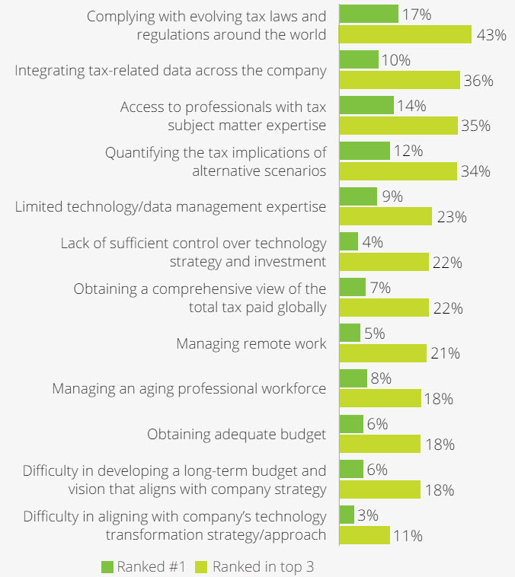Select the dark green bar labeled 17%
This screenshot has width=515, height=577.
click(x=369, y=14)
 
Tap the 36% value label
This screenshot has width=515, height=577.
click(x=478, y=81)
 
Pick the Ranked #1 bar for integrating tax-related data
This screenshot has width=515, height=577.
click(x=359, y=59)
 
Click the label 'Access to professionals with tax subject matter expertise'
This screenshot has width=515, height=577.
click(x=222, y=116)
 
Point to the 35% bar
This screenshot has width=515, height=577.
click(x=398, y=126)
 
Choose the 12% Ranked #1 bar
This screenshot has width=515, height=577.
click(x=364, y=151)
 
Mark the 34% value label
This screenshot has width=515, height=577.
click(x=475, y=171)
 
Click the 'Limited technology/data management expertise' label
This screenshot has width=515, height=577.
click(x=171, y=207)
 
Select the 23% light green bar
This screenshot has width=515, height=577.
click(x=385, y=217)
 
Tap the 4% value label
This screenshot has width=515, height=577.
click(x=373, y=242)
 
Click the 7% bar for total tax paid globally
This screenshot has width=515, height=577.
click(x=353, y=288)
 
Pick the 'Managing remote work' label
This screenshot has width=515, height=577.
click(x=251, y=343)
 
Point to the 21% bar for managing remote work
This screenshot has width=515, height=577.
click(x=382, y=353)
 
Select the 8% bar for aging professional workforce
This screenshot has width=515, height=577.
click(x=353, y=378)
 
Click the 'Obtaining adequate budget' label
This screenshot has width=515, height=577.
click(x=236, y=435)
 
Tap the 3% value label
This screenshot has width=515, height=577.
click(x=368, y=515)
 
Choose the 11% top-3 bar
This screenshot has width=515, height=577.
click(x=364, y=536)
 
